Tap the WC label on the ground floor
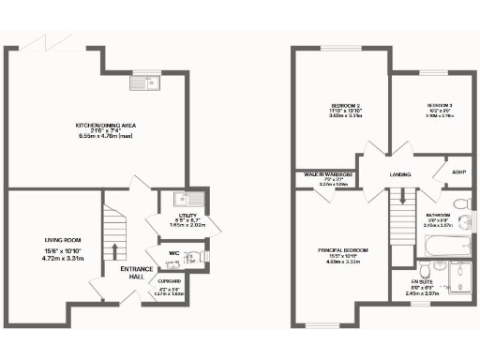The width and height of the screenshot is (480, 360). pos(173,252)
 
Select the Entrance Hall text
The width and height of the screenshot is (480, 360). pos(137,274)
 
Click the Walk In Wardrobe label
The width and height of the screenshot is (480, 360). pos(326,174)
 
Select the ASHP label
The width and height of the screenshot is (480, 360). pos(459,172)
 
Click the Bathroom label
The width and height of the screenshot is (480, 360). pos(438,215)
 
